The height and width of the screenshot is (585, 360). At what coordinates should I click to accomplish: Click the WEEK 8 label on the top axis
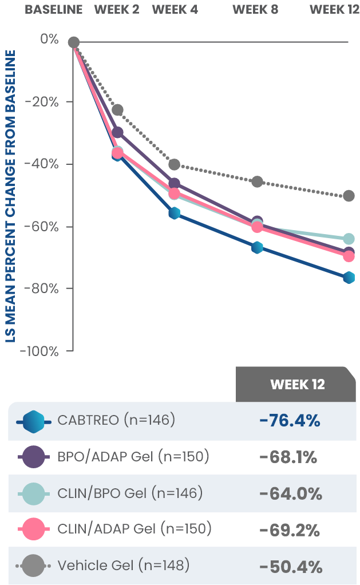tap(255, 10)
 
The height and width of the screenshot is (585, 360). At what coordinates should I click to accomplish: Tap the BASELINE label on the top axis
tap(54, 10)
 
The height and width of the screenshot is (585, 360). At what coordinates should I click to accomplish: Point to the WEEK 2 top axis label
tap(117, 10)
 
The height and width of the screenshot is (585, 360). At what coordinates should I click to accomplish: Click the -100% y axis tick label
tap(39, 351)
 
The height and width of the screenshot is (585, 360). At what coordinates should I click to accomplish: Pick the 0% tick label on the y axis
tap(49, 39)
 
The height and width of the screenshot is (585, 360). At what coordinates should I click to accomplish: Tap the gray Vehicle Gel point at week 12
tap(349, 196)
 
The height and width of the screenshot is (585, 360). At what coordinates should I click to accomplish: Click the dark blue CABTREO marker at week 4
tap(175, 213)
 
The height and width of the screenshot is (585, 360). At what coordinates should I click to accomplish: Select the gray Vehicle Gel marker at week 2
tap(117, 109)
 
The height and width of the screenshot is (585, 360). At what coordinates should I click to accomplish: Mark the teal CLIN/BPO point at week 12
tap(349, 239)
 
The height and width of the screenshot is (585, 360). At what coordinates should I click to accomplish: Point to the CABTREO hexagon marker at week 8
tap(257, 247)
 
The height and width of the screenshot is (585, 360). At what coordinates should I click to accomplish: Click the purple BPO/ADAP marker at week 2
tap(117, 133)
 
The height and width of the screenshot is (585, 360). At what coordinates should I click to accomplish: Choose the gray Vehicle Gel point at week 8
tap(257, 181)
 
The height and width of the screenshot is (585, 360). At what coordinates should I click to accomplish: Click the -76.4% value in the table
tap(290, 421)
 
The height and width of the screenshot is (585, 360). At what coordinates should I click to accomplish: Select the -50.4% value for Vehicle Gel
tap(290, 567)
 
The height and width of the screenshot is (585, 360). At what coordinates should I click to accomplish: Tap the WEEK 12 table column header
tap(297, 384)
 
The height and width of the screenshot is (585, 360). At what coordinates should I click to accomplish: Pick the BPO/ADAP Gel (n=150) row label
tap(133, 457)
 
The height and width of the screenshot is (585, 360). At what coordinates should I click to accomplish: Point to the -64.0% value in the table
tap(290, 493)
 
